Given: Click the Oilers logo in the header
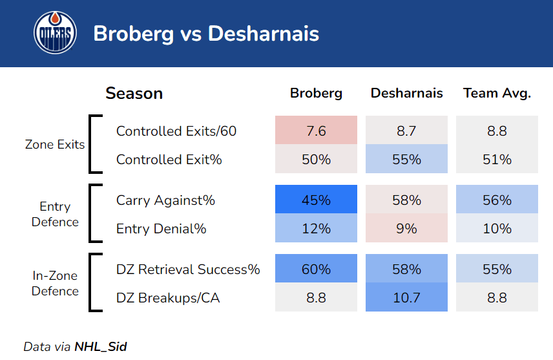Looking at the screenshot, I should (55, 33).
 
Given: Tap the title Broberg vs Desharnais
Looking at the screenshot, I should (206, 34).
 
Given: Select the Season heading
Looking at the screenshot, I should (134, 94).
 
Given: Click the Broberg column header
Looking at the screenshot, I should (316, 94).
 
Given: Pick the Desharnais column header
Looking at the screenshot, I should (406, 94).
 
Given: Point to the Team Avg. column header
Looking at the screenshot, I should (497, 94).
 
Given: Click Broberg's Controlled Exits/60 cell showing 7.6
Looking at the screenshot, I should (316, 131).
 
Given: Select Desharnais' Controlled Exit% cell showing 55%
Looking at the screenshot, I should (406, 159).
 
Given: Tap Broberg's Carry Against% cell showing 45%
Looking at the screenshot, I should (316, 200).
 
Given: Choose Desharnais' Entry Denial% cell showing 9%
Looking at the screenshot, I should (406, 228).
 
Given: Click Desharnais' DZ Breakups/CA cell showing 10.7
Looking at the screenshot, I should (406, 297).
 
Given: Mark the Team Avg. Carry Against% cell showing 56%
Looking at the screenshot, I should (497, 200).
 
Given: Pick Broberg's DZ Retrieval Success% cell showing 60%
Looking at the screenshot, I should (316, 270).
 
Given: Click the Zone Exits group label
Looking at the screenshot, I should (55, 145).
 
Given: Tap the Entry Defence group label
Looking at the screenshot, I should (55, 214).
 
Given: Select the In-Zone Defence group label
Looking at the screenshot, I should (55, 283).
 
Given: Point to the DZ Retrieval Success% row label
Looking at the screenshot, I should (188, 270).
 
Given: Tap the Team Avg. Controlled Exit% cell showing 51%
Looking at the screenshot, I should (497, 159).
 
